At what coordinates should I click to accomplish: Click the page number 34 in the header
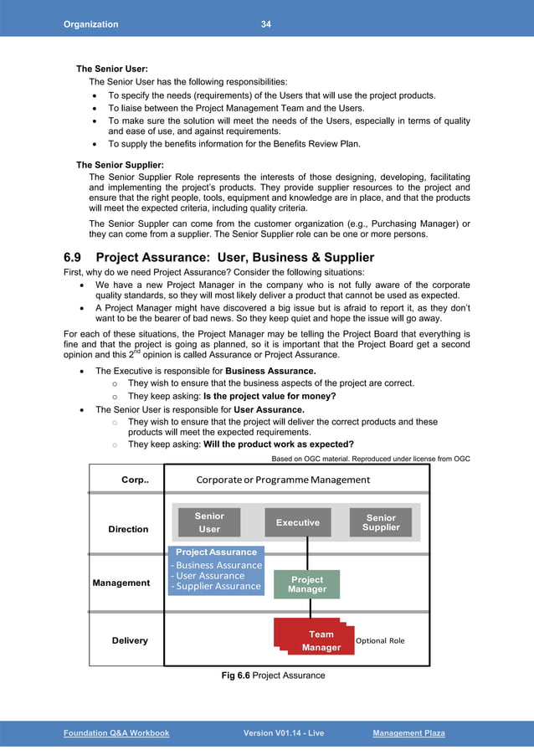pos(265,24)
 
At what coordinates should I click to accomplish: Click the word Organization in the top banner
pos(91,24)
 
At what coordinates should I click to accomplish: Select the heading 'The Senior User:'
pos(112,69)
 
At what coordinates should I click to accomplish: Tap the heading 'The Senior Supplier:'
pos(120,164)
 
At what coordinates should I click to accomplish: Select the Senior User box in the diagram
pos(209,522)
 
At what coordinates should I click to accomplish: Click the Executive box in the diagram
pos(298,522)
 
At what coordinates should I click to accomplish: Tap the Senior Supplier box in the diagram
pos(381,522)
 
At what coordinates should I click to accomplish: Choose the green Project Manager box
pos(307,584)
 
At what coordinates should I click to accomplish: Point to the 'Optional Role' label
pos(380,641)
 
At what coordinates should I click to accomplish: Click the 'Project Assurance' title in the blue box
pos(216,552)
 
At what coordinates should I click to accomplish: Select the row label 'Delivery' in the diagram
pos(130,640)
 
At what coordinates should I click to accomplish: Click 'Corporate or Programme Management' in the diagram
pos(283,480)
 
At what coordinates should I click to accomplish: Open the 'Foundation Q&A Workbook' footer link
pos(116,733)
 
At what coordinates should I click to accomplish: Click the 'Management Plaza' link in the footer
pos(408,733)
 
